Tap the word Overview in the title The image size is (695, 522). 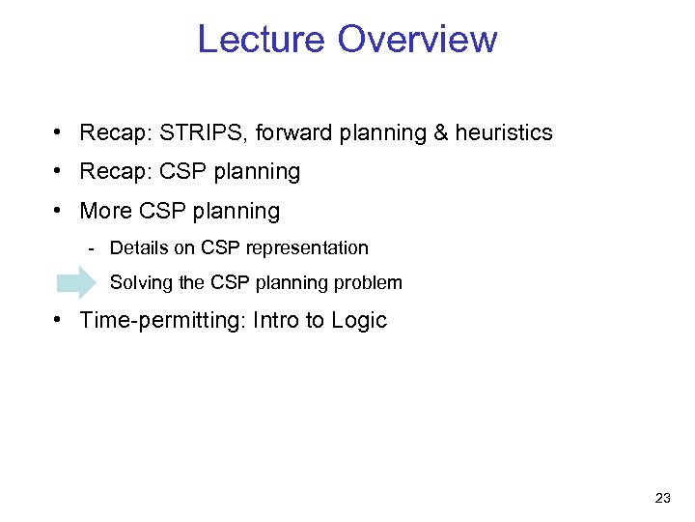pyautogui.click(x=417, y=40)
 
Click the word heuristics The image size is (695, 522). pyautogui.click(x=504, y=132)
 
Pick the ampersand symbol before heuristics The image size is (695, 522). pyautogui.click(x=441, y=132)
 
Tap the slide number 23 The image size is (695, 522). pyautogui.click(x=662, y=498)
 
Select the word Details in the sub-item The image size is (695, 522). pyautogui.click(x=140, y=248)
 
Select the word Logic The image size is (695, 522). pyautogui.click(x=358, y=321)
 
